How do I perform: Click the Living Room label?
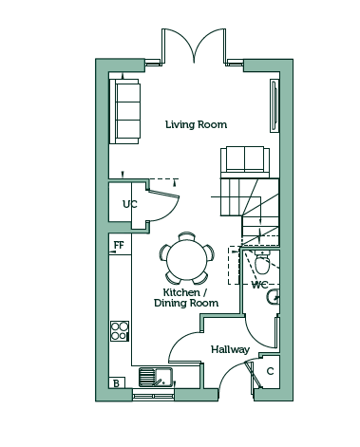(x=196, y=124)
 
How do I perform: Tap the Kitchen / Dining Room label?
(x=186, y=297)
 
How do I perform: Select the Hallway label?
(x=230, y=349)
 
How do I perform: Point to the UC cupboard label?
(x=130, y=204)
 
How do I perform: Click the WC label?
(x=259, y=285)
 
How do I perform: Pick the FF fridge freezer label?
(x=119, y=245)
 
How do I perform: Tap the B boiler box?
(x=117, y=382)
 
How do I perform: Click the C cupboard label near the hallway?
(x=270, y=371)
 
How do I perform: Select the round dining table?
(x=187, y=258)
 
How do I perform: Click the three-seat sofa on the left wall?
(x=124, y=111)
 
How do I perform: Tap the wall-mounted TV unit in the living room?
(x=275, y=105)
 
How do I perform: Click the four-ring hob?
(x=120, y=331)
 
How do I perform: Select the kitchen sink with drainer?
(x=156, y=377)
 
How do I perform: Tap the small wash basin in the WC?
(x=274, y=297)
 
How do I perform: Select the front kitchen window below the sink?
(x=154, y=396)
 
